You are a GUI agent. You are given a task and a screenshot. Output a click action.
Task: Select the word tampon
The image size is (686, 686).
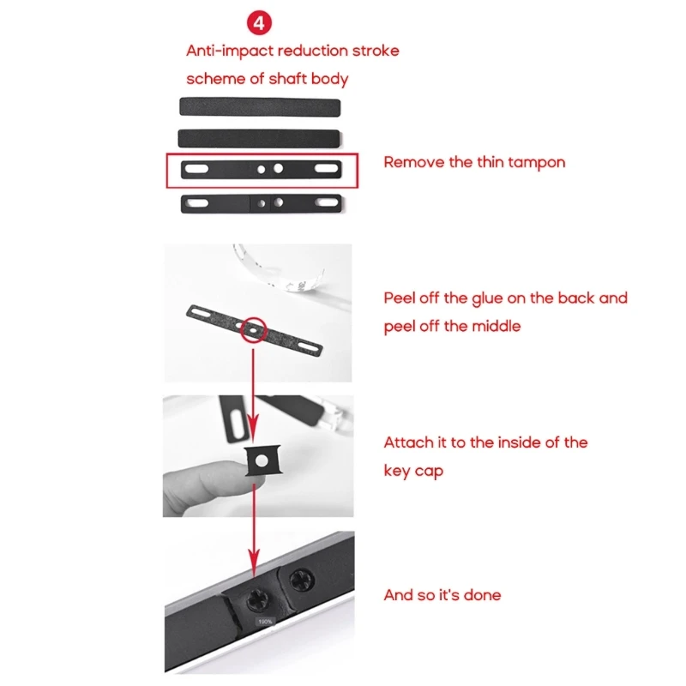(536, 162)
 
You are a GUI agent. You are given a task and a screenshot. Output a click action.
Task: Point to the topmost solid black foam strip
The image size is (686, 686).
(259, 106)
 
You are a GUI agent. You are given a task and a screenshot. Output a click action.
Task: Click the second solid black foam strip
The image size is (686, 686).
(259, 137)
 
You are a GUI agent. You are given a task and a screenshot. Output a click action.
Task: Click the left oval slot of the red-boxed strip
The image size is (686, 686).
(196, 170)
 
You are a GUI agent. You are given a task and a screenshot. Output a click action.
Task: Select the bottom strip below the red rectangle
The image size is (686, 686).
(262, 203)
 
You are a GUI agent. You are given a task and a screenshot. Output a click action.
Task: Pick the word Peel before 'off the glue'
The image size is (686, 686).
(402, 298)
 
